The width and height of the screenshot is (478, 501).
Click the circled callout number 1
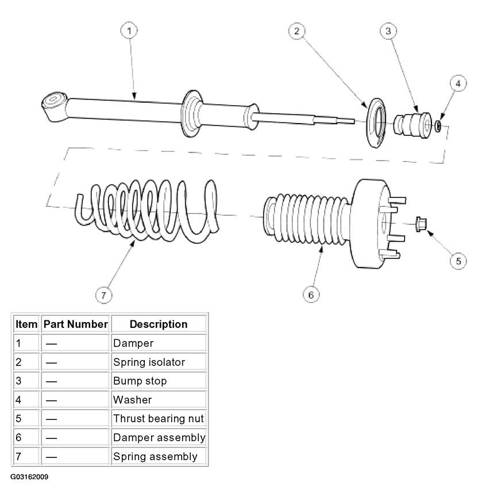129,30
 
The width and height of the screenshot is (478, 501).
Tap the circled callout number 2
297,31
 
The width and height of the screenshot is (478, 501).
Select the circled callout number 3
388,31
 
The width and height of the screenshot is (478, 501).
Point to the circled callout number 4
458,83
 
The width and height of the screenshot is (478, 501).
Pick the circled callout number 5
458,261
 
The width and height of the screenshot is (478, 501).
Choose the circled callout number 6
311,295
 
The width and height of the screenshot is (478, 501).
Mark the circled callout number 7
104,295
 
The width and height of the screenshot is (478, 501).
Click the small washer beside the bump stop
438,126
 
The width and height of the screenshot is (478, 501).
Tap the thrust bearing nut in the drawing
421,224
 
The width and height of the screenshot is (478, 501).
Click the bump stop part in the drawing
413,125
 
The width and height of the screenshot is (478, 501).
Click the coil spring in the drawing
147,211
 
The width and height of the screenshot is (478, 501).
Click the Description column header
159,324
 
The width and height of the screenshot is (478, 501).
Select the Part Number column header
76,324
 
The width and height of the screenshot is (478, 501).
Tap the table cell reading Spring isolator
159,362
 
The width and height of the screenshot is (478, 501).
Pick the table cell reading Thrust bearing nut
159,419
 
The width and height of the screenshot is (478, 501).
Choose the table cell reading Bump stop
159,381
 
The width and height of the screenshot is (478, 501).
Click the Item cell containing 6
26,437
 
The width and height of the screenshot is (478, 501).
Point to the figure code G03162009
29,477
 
